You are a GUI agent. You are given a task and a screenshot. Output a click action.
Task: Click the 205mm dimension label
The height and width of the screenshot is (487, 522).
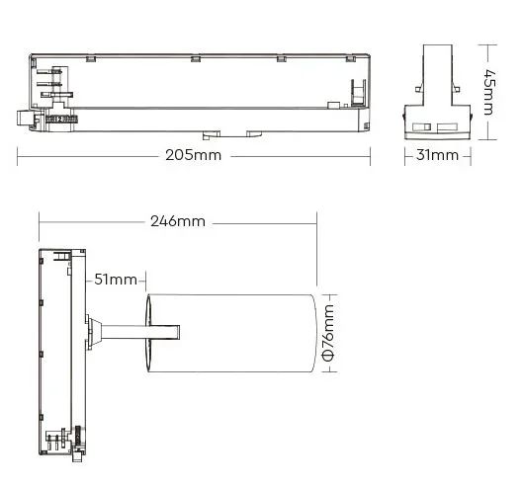(x=195, y=156)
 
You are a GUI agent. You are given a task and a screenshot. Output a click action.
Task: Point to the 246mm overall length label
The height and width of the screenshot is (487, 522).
(x=177, y=221)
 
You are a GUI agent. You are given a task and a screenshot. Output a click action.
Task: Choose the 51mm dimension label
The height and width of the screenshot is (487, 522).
(x=115, y=280)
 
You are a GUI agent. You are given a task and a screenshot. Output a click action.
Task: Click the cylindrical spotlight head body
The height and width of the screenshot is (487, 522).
(x=242, y=333)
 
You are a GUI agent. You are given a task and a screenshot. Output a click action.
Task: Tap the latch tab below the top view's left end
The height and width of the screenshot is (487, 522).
(x=26, y=118)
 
